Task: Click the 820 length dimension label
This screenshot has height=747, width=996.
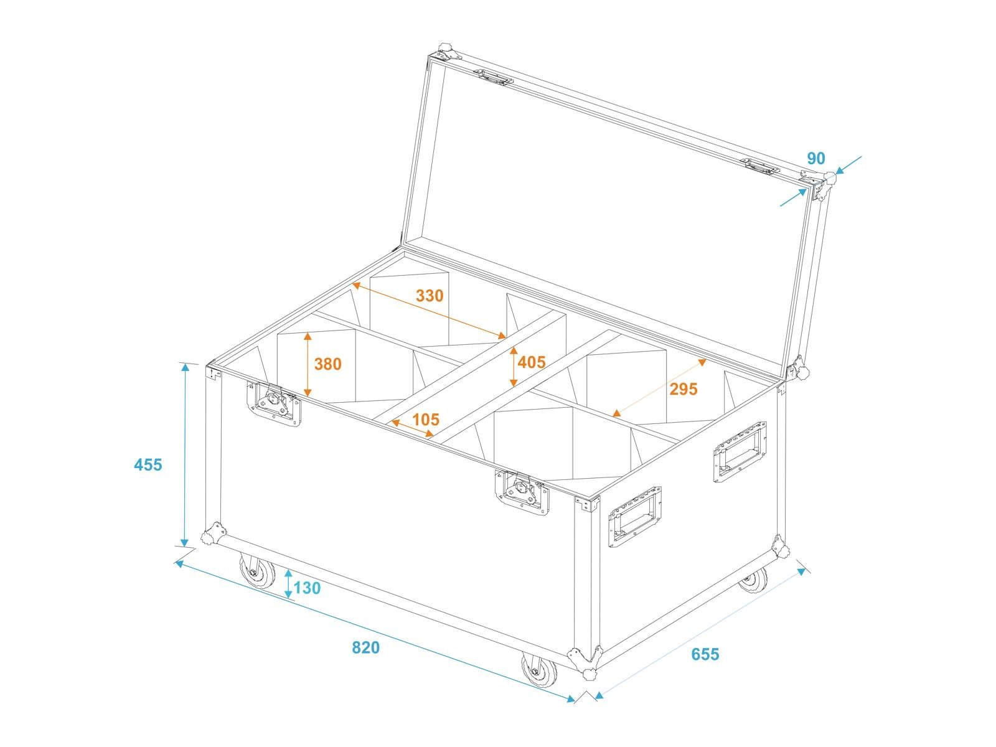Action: tap(365, 647)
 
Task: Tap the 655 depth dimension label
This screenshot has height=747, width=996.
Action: tap(705, 654)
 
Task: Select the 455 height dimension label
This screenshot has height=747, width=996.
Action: tap(148, 464)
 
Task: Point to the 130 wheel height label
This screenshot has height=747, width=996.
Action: tap(307, 588)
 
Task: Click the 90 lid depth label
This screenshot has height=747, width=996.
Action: tap(816, 158)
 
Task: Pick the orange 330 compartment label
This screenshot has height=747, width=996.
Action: tap(430, 295)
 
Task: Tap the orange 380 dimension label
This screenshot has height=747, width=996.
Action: tap(327, 364)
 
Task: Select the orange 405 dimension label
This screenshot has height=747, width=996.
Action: tap(532, 362)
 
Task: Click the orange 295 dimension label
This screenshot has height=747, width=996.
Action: tap(684, 388)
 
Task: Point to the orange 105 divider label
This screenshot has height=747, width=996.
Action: tap(426, 419)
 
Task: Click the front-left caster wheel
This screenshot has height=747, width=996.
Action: tap(257, 572)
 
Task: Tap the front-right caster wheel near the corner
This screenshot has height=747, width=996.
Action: tap(538, 670)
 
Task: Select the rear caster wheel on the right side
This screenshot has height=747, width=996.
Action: tap(753, 580)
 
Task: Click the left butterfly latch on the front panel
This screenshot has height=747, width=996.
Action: tap(274, 403)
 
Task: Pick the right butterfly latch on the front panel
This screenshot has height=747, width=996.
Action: tap(522, 492)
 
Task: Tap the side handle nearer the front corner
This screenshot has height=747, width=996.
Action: tap(635, 517)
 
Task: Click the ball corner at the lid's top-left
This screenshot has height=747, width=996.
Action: tap(447, 51)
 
